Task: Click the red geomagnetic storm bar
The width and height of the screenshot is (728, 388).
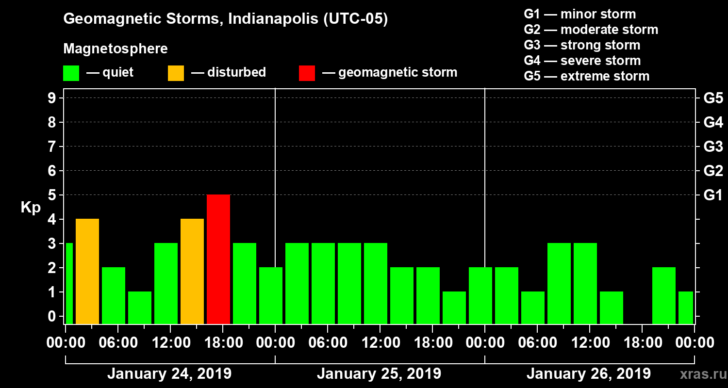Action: point(218,259)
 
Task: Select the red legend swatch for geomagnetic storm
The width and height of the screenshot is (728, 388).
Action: point(307,73)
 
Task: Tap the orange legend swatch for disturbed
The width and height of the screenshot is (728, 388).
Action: point(176,73)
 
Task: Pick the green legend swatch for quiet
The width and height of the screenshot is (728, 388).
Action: point(71,73)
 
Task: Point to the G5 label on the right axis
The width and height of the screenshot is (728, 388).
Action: point(713,98)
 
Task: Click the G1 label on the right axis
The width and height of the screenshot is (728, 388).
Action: point(713,195)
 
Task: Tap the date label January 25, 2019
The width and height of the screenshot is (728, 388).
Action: point(379,374)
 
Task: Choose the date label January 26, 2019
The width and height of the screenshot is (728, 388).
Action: point(589,374)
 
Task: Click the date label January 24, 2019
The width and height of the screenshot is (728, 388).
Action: point(169,374)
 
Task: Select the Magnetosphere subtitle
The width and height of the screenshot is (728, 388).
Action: point(116,49)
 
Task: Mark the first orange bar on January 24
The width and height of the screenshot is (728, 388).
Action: point(87,271)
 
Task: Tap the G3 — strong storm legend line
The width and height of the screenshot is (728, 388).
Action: point(582,45)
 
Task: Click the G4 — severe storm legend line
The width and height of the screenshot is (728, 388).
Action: point(582,61)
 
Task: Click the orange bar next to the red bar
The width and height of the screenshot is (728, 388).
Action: point(192,271)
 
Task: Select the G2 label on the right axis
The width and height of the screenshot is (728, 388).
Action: point(713,171)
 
